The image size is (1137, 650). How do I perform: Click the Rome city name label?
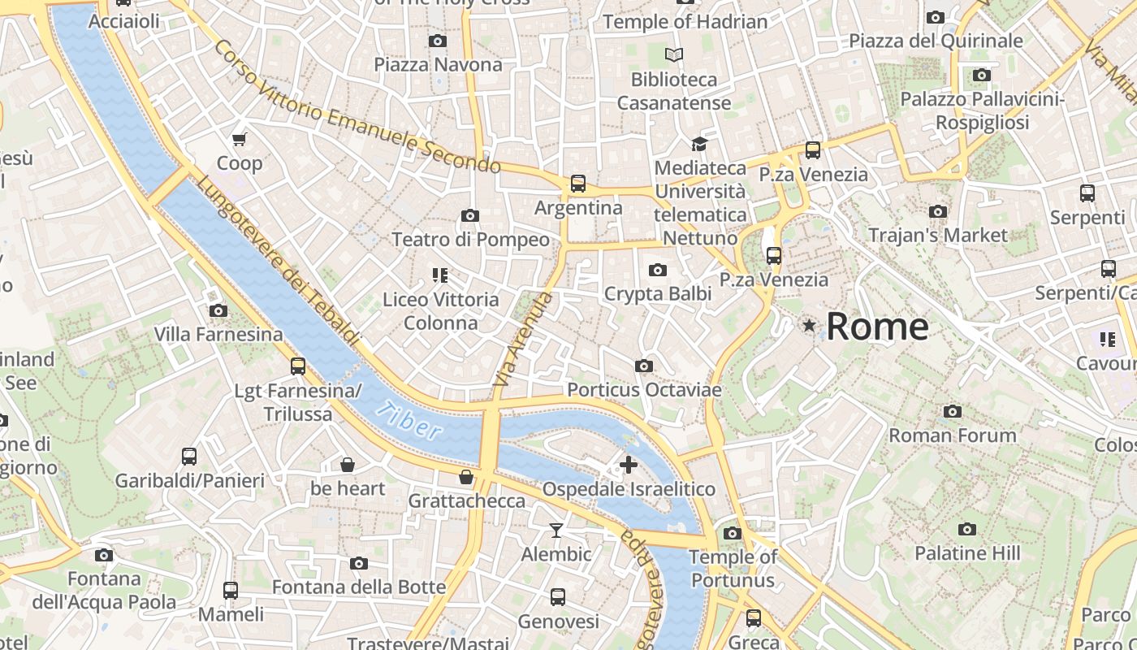point(877,327)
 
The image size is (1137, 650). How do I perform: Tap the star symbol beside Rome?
point(809,326)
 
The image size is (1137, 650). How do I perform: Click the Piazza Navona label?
point(438,64)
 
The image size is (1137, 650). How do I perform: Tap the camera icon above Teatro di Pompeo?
point(469,215)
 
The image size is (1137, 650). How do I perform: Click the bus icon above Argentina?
point(578,184)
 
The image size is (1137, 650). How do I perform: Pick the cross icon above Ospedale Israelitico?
point(629,465)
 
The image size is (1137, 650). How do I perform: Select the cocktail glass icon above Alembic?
point(556,531)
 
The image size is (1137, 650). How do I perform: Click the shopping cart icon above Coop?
point(240,139)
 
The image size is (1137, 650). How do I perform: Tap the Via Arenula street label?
point(523,339)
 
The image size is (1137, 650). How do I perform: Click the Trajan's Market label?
point(937,236)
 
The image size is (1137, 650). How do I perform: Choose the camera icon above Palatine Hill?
point(966,529)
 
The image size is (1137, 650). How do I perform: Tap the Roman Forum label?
point(952,435)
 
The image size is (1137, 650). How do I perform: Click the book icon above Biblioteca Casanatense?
point(674,55)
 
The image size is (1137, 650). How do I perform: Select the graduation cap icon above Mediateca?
point(699,145)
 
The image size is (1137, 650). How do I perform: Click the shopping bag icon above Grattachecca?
point(466,477)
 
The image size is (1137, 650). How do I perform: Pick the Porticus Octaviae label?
point(644,390)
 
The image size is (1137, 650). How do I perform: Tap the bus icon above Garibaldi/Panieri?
point(189,457)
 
